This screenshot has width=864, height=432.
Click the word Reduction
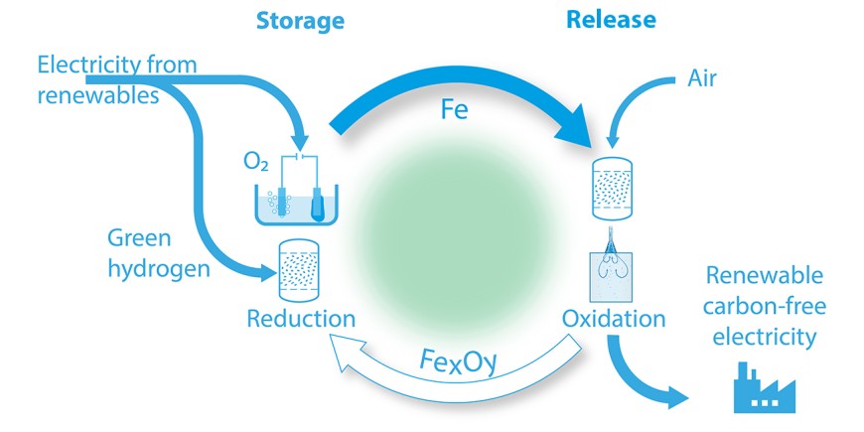tap(301, 319)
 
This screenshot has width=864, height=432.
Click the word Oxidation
tap(614, 319)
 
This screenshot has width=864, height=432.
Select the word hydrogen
tap(160, 267)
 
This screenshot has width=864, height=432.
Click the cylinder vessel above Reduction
tap(302, 269)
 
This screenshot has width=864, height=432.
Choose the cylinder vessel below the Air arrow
tap(613, 190)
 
